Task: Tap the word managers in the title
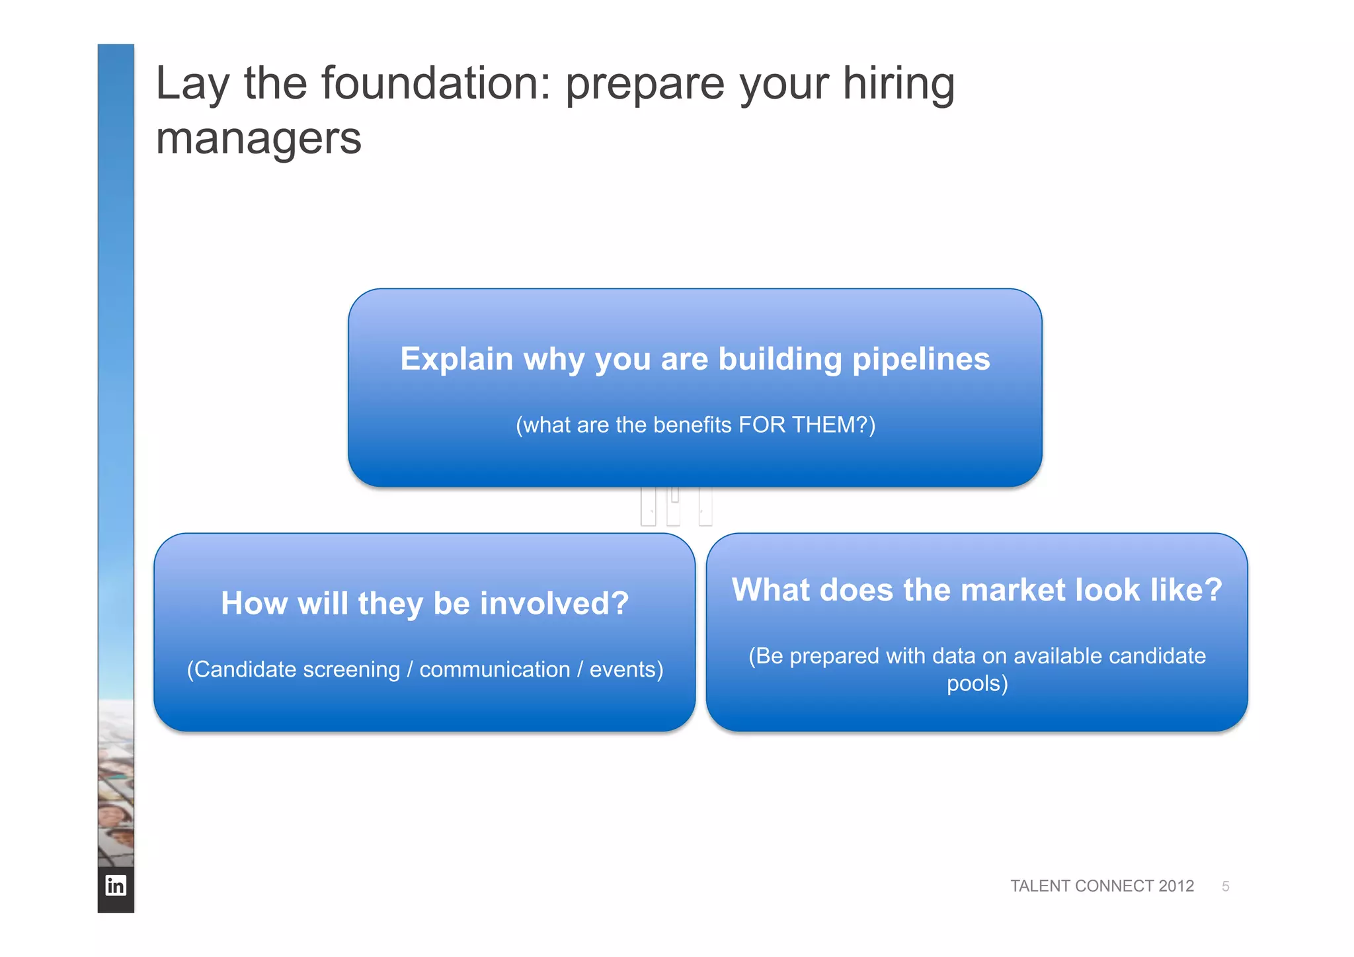coord(259,140)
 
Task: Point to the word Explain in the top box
coord(457,360)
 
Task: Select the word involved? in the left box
coord(554,604)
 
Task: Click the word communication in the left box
coord(495,670)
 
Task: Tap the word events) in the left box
coord(626,670)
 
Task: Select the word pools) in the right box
coord(977,683)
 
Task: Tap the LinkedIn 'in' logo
coord(116,886)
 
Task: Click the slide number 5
coord(1225,886)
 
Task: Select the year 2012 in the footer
coord(1176,886)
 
